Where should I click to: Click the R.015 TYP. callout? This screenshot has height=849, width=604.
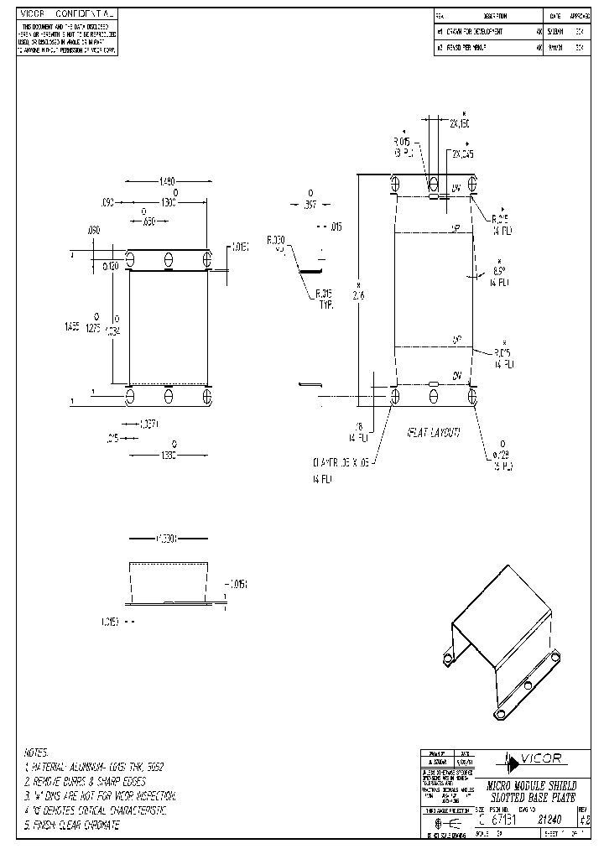[325, 299]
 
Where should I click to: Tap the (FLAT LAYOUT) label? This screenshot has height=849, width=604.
[434, 433]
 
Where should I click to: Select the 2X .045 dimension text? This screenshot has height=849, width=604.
[462, 154]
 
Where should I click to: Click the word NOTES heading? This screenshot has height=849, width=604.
[37, 753]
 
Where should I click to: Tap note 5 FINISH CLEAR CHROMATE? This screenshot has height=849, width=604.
[72, 826]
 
